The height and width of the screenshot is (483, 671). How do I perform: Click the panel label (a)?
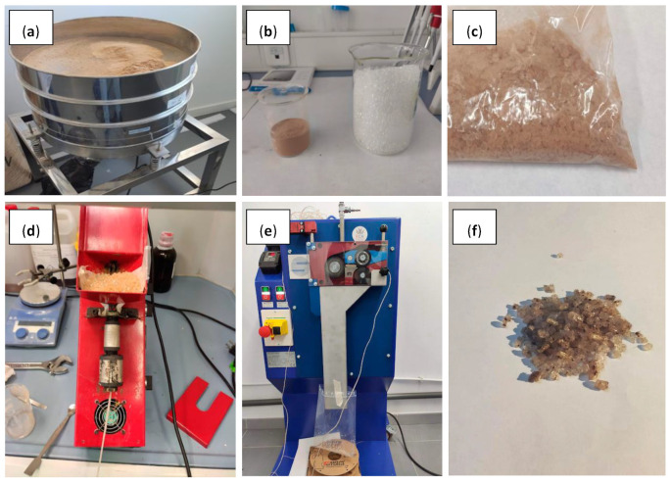tap(30, 31)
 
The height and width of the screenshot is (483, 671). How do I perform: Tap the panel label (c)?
tap(474, 31)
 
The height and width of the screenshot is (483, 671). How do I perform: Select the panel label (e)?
tap(268, 230)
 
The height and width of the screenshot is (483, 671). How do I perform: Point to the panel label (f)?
tap(474, 230)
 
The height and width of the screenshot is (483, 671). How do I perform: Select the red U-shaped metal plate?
tap(200, 411)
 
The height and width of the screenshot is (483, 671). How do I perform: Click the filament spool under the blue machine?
tap(329, 461)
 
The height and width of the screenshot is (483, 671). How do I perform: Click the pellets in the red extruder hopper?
tap(112, 280)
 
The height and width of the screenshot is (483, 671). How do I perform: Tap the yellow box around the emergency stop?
tap(277, 328)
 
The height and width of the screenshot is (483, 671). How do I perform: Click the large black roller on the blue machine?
tap(335, 267)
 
